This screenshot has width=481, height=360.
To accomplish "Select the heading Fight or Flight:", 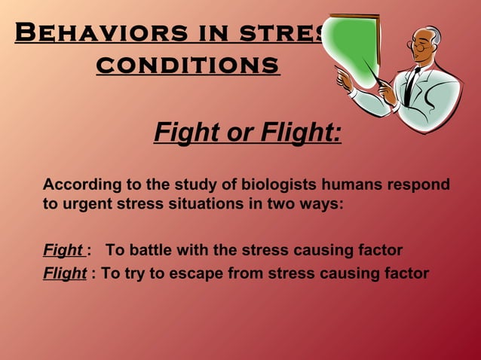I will [247, 133].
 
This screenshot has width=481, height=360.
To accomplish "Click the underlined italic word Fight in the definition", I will [63, 250].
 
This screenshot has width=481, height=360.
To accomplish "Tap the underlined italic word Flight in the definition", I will [65, 273].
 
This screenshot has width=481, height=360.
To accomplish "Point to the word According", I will [78, 185].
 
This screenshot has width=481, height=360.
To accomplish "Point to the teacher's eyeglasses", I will [416, 44].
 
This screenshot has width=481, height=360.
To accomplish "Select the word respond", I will [421, 185].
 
